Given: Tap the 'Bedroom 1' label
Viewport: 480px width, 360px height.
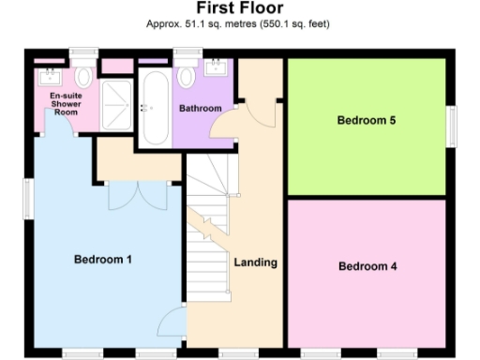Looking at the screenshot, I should pos(103,259).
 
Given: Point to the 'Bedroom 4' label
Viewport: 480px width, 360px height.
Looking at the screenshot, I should pos(367,266).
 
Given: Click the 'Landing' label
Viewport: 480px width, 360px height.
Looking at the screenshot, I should pos(255,262).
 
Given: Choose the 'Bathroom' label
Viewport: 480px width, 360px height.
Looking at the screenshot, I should pos(201,109).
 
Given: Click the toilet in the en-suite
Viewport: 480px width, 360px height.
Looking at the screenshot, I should pos(85,74).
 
